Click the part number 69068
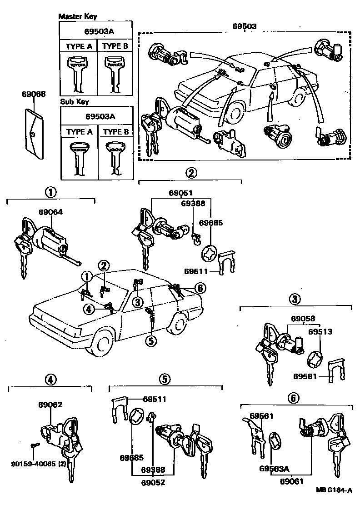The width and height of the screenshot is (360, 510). [33, 94]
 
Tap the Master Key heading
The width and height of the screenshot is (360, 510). [77, 16]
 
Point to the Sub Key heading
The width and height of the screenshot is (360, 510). [73, 102]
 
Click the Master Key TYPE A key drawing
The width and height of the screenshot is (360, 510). [79, 72]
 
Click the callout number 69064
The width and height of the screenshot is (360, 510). [50, 212]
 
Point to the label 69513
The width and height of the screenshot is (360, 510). [320, 332]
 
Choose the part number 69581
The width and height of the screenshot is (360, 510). [305, 376]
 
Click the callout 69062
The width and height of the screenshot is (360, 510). [50, 404]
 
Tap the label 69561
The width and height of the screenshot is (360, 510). [262, 416]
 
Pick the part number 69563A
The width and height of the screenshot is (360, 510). [273, 468]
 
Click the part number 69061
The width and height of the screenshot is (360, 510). [292, 481]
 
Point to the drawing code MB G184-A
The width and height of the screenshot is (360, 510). [333, 491]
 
